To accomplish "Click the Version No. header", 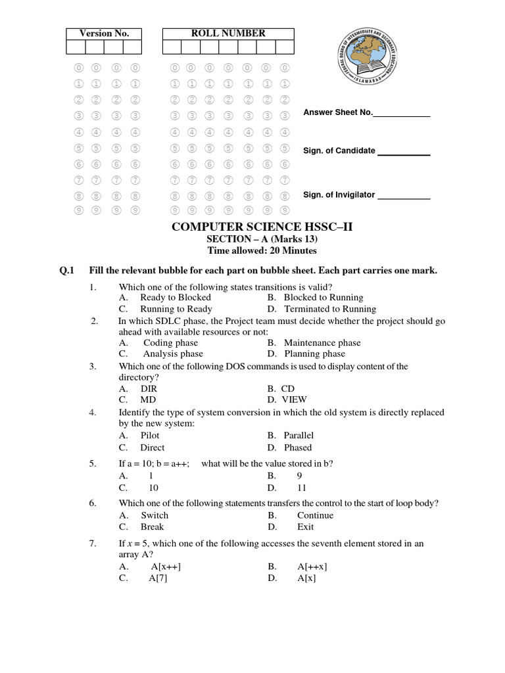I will click(104, 34).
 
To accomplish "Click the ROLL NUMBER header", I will click(228, 33).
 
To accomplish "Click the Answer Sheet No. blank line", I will click(402, 116).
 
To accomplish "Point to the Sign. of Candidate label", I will click(339, 151).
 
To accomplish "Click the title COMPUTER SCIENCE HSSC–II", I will click(262, 227).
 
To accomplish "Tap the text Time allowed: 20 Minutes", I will click(262, 250).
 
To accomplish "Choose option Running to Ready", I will click(176, 309).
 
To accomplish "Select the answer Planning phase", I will click(314, 354).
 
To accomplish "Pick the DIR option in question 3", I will click(149, 388).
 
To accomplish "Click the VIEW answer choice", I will click(295, 400).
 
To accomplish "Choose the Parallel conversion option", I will click(299, 435).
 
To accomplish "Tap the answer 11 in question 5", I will click(302, 488).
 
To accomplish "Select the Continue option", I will click(315, 515).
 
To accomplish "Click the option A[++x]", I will click(312, 567).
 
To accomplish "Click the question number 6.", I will click(93, 503).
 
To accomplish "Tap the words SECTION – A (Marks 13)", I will click(262, 239).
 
